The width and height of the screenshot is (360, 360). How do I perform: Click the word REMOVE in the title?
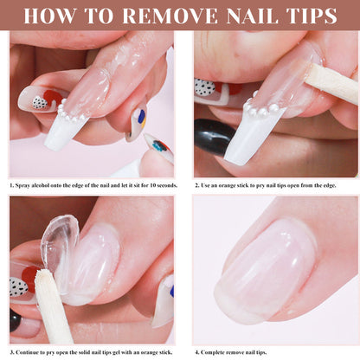tap(170, 16)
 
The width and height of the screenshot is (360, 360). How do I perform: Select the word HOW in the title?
tap(50, 16)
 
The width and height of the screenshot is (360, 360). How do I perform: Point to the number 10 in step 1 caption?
tap(153, 185)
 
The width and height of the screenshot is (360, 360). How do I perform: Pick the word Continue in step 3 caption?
tap(27, 352)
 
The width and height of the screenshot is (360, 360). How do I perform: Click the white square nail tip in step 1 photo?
tap(63, 132)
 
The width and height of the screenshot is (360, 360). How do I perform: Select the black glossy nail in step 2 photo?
tap(213, 137)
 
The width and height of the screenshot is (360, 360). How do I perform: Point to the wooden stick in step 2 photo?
tap(331, 84)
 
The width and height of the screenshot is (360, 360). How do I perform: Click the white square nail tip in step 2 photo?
tap(252, 136)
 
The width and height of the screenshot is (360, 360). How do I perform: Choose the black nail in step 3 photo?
tap(15, 320)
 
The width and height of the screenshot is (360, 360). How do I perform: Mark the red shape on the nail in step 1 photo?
tap(53, 98)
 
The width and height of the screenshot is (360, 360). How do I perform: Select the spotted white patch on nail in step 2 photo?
tap(204, 87)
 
